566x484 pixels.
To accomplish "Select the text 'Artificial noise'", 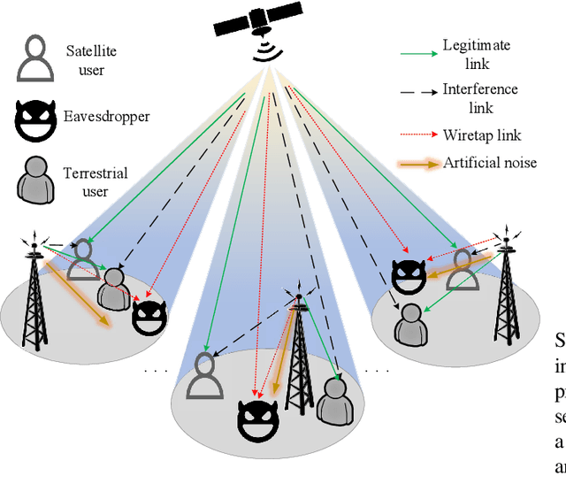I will (491, 162).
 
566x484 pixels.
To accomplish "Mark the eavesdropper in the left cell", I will (149, 315).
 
